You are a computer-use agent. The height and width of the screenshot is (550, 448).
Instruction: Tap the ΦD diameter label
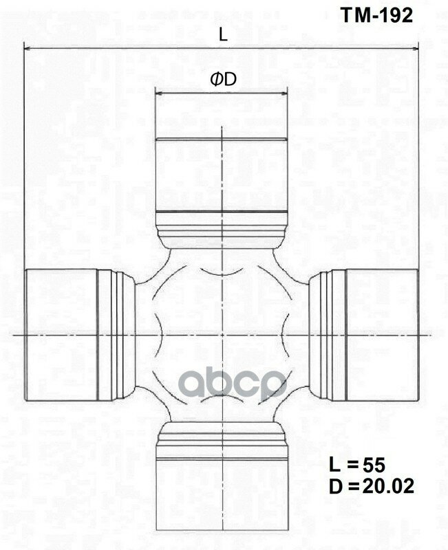[x=223, y=80]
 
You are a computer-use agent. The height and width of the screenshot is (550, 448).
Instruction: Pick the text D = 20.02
[x=372, y=487]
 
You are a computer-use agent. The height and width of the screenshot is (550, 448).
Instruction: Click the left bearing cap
[x=61, y=335]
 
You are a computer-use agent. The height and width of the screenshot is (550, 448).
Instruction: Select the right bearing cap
[x=381, y=335]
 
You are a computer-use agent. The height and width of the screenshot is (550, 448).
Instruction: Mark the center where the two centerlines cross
[x=222, y=335]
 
